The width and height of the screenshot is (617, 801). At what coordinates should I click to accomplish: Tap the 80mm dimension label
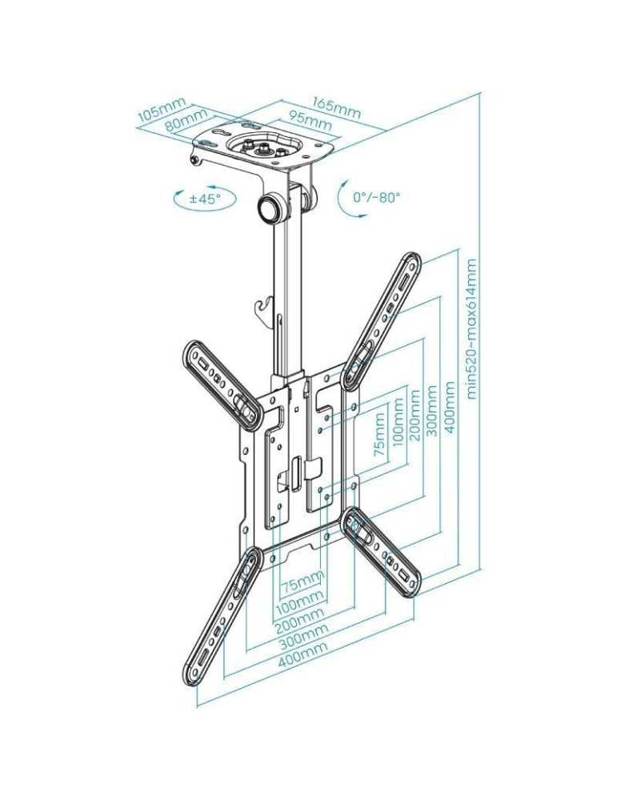185,123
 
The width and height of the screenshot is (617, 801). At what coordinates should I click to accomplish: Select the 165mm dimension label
335,107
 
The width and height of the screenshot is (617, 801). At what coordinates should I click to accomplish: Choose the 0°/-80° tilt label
376,197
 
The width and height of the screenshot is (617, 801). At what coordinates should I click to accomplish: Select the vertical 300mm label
432,410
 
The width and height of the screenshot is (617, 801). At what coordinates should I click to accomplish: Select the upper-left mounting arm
220,381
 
